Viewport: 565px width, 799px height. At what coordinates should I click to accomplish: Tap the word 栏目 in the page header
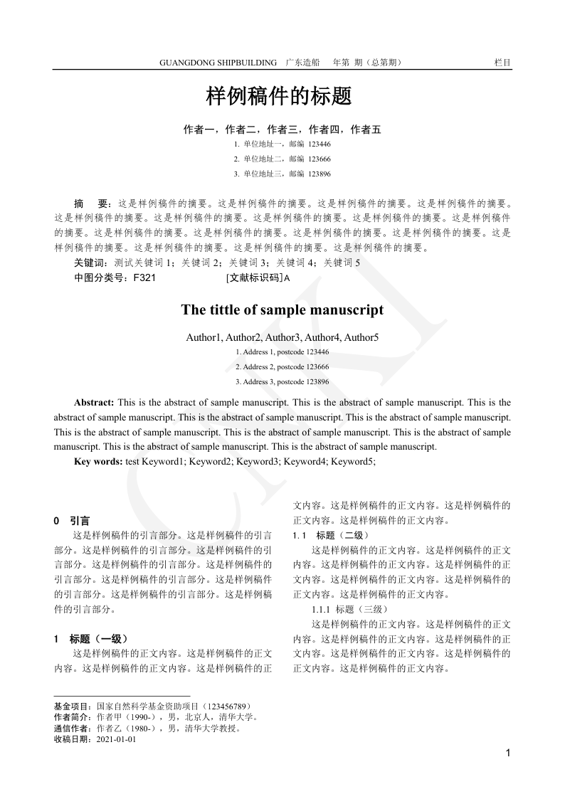coord(502,63)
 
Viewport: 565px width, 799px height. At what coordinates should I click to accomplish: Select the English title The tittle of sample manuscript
coord(282,309)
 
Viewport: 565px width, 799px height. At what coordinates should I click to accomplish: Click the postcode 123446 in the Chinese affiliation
coord(320,143)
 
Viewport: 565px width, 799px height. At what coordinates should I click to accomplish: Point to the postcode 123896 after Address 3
coord(317,382)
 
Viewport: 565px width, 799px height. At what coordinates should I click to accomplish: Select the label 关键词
coord(88,263)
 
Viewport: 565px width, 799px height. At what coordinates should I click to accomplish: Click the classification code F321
coord(139,278)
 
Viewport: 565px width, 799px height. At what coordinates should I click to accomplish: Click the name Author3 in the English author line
coord(283,337)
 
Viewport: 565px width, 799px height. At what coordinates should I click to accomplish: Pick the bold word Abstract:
coord(95,403)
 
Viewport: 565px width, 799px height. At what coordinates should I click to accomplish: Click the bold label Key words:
coord(98,462)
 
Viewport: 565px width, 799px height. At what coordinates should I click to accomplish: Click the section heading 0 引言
coord(72,521)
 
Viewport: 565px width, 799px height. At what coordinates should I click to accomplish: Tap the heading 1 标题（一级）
coord(91,638)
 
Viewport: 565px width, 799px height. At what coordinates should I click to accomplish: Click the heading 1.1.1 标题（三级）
coord(349,609)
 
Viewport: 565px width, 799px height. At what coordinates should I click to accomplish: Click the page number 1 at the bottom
coord(507,753)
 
